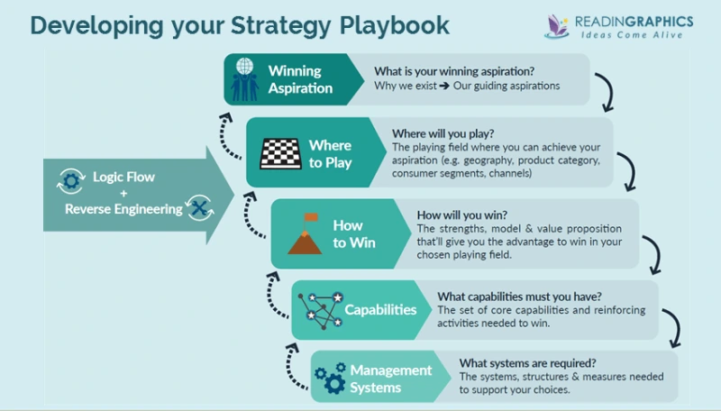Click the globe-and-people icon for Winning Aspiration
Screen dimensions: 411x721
[244, 79]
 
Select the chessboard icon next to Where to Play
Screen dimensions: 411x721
[279, 153]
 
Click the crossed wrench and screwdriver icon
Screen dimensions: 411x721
[200, 207]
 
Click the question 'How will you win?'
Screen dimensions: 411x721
[461, 215]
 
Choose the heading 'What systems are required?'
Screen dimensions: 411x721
[516, 362]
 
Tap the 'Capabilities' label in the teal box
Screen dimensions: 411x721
[380, 309]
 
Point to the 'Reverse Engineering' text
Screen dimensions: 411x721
[123, 209]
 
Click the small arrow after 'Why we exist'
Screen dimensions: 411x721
[443, 86]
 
